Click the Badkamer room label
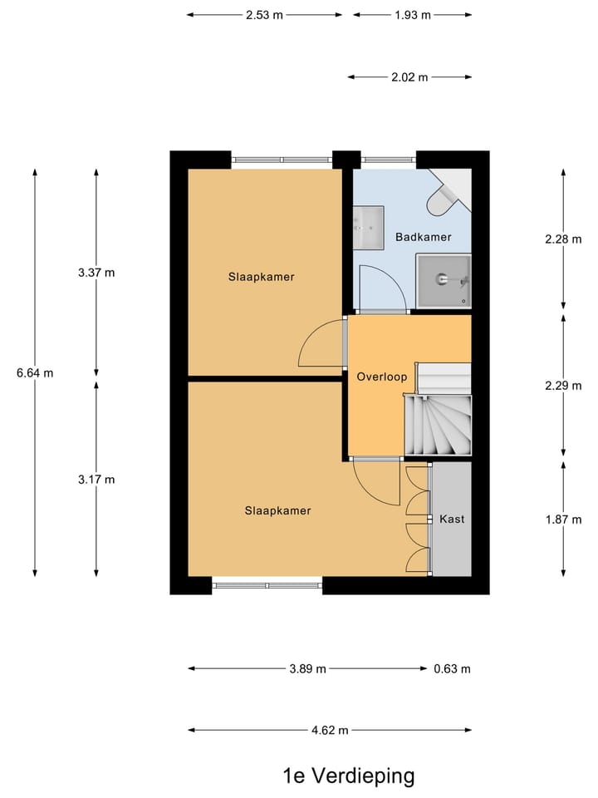click(x=424, y=237)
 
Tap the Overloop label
click(x=381, y=377)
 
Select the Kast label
click(x=452, y=519)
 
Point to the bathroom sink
click(x=368, y=227)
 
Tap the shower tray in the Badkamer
click(x=444, y=281)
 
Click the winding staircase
click(x=438, y=425)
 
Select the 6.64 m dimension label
click(x=35, y=372)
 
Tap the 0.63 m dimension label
click(x=452, y=668)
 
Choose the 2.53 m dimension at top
click(x=264, y=14)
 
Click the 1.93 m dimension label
click(x=413, y=14)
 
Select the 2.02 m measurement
click(x=409, y=77)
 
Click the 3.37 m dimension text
click(x=96, y=272)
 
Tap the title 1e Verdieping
click(x=348, y=776)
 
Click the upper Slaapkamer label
click(x=262, y=277)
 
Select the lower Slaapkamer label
click(x=277, y=510)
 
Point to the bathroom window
click(x=389, y=160)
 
